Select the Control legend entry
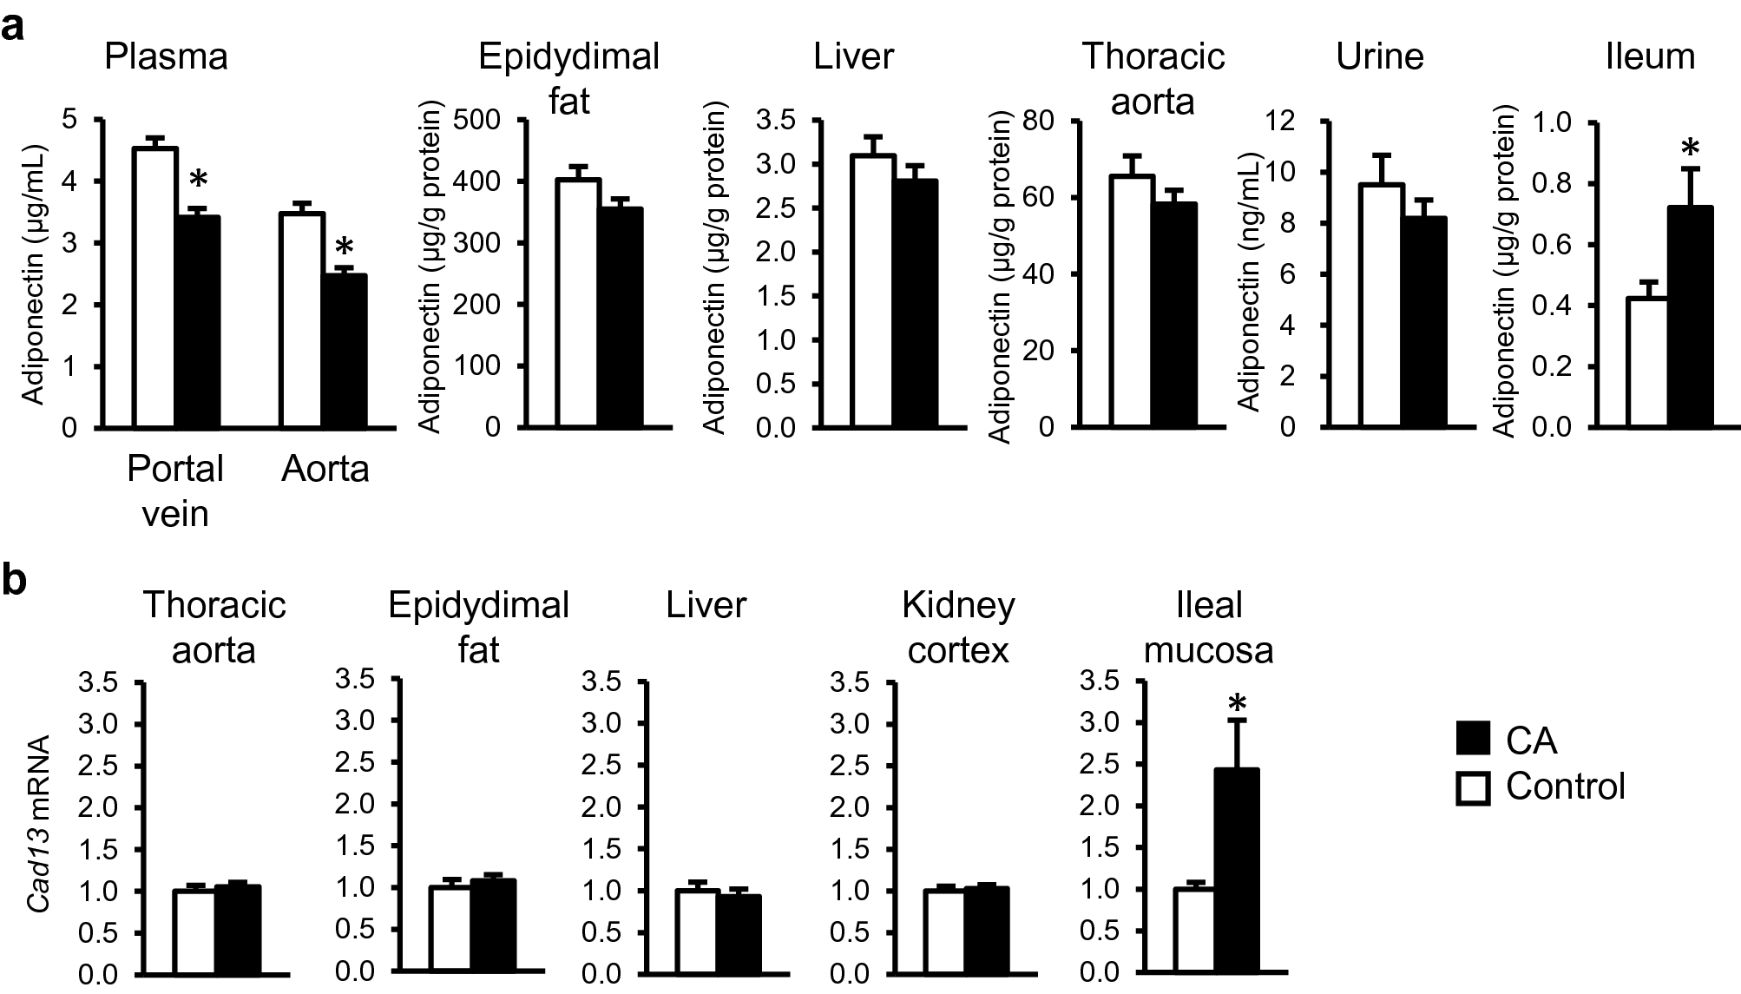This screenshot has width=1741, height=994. click(x=1541, y=787)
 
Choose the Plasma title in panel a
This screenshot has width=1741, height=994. click(x=166, y=57)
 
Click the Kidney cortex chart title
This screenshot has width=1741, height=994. click(x=958, y=627)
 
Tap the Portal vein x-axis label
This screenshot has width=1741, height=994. click(x=175, y=490)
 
